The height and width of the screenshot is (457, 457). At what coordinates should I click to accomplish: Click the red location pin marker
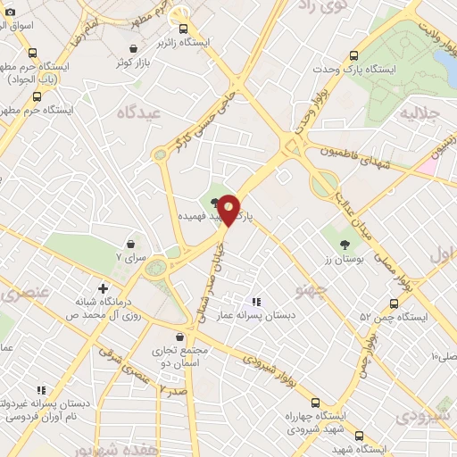[x=229, y=209]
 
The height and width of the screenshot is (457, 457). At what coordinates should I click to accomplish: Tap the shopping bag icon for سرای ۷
[x=132, y=243]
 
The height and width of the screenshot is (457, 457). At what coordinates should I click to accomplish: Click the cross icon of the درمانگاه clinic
[x=104, y=289]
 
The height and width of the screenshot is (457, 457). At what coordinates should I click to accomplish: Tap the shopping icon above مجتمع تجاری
[x=182, y=337]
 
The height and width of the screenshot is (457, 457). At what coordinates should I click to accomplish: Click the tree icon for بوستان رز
[x=345, y=244]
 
